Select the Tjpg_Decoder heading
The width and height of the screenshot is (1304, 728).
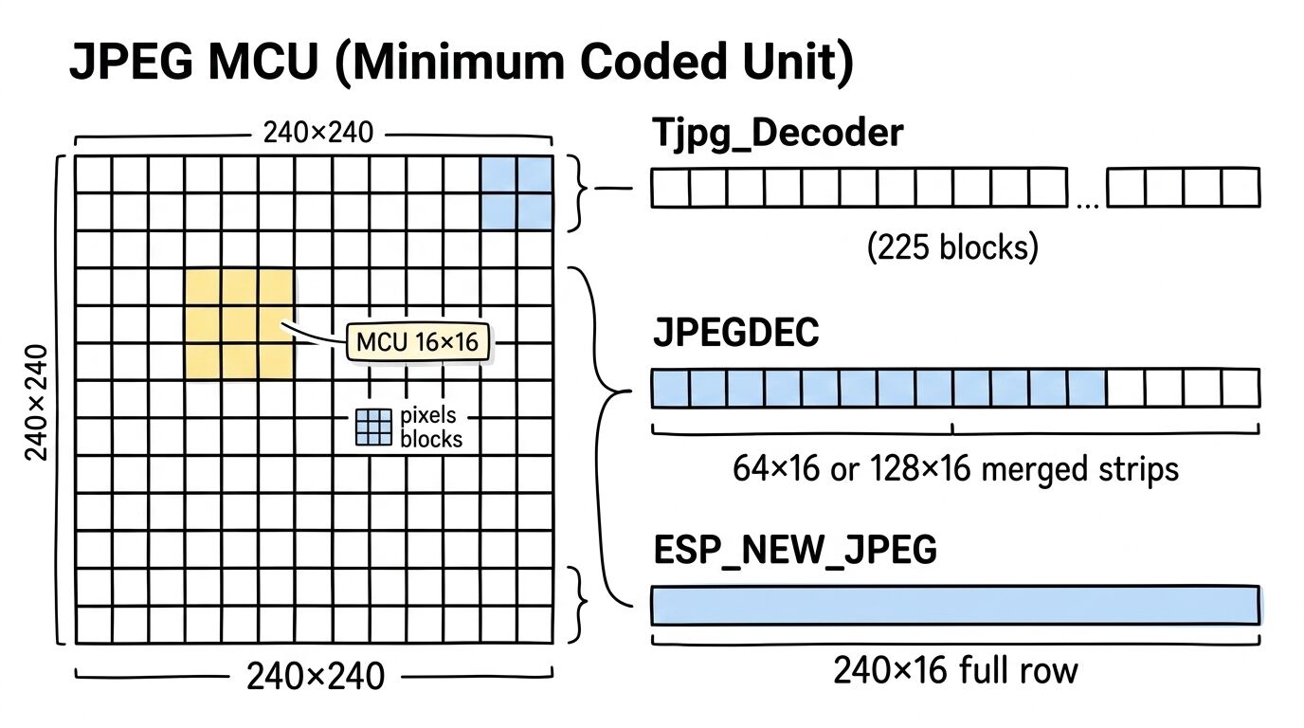coord(777,134)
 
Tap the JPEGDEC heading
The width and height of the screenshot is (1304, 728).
coord(735,334)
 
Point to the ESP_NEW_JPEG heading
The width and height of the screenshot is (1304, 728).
coord(794,549)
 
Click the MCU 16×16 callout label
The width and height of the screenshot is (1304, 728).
coord(418,342)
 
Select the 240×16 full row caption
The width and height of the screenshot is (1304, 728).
coord(955,671)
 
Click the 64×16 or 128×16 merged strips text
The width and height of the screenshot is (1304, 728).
coord(955,468)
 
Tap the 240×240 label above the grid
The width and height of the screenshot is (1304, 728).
coord(318,134)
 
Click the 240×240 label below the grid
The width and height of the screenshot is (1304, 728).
coord(315,677)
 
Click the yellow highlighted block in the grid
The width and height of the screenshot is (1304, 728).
coord(239,324)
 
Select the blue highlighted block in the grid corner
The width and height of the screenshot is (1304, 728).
coord(516,193)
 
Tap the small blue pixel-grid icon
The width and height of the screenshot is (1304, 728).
coord(373,428)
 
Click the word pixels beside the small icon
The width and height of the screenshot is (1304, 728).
coord(428,416)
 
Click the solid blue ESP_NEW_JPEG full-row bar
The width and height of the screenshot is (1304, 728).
coord(955,606)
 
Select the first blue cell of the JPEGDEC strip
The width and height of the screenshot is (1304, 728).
coord(670,389)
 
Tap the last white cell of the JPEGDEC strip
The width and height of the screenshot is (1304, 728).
coord(1240,389)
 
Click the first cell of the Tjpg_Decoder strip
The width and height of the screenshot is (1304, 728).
coord(670,188)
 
